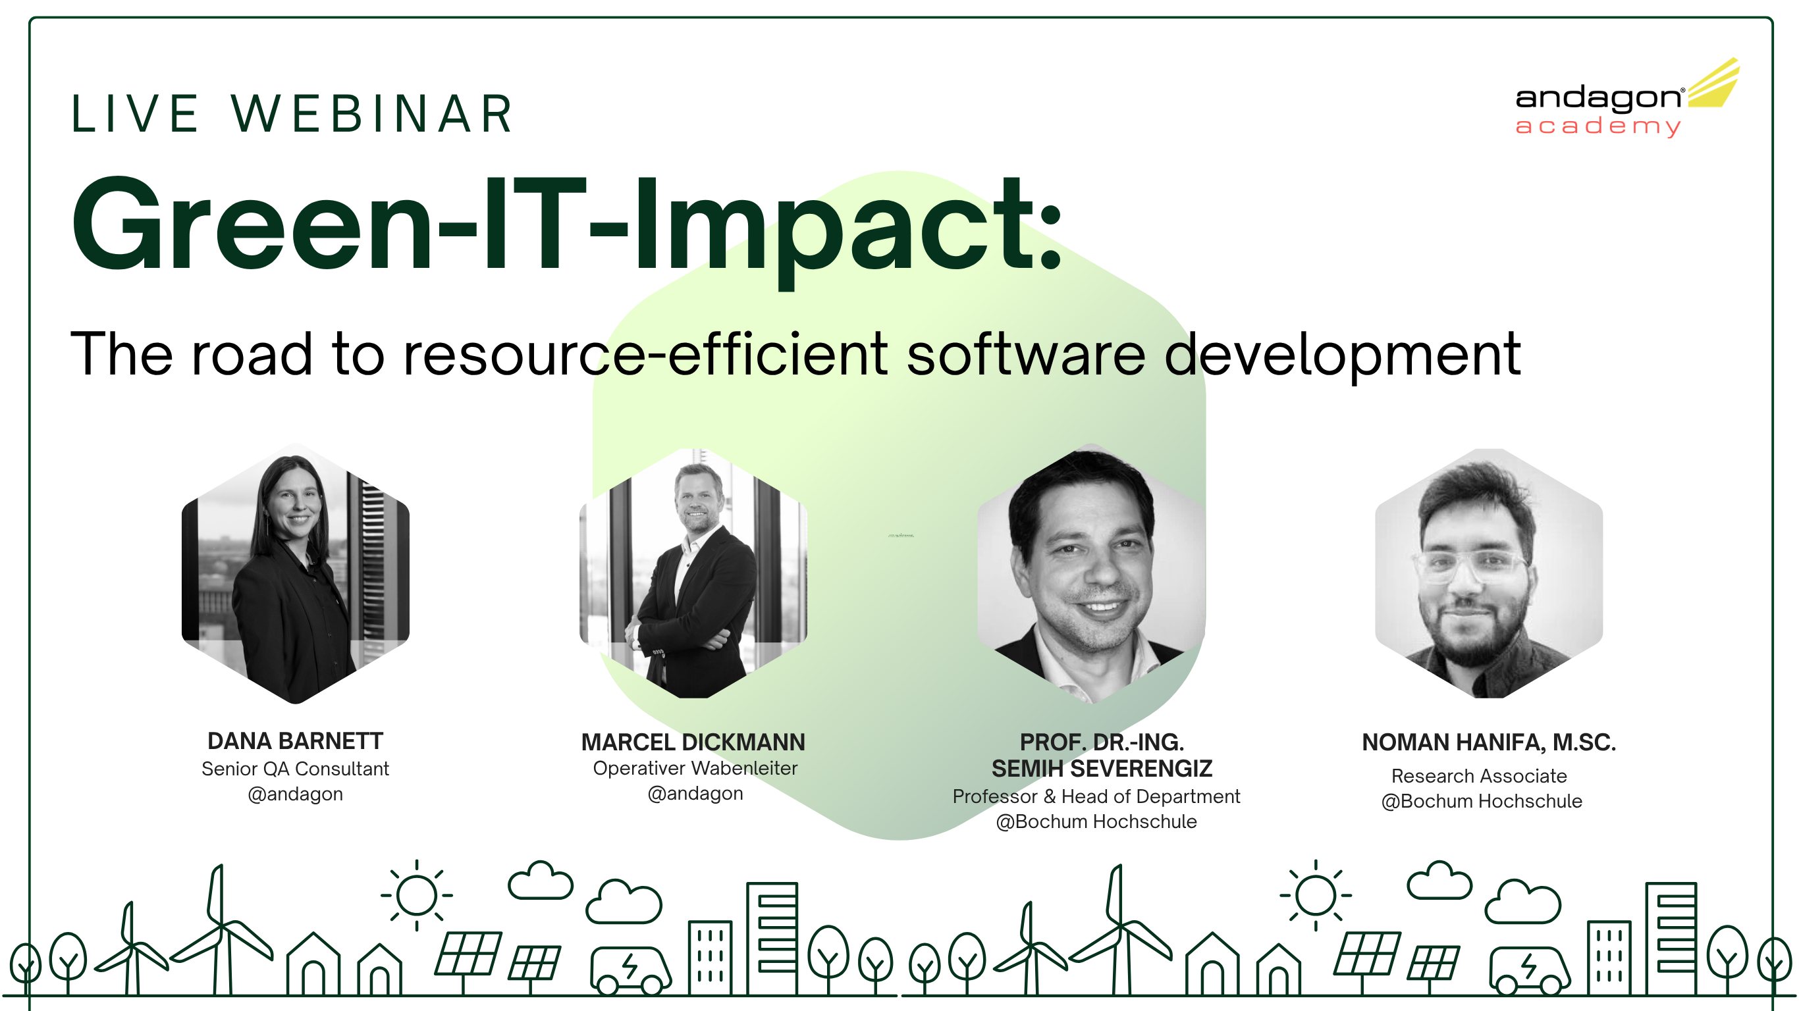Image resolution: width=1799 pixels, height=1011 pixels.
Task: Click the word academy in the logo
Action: (1597, 126)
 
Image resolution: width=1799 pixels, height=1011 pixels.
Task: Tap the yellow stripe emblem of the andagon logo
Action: (1715, 85)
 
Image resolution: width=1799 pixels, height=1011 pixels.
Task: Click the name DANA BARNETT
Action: (296, 740)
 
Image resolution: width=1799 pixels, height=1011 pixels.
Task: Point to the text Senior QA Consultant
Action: (296, 769)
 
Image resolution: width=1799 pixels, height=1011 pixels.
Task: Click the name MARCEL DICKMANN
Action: (693, 742)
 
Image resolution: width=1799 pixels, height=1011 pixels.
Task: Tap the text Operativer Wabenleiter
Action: (695, 768)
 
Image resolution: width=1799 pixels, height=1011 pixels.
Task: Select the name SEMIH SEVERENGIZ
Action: (1102, 769)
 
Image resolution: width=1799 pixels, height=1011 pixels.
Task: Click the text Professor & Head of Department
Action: (1096, 796)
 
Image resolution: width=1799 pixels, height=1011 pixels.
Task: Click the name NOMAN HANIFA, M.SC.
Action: (1489, 742)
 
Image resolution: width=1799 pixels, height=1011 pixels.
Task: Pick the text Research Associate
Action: (1479, 776)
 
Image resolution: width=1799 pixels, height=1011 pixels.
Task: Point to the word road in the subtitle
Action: (252, 355)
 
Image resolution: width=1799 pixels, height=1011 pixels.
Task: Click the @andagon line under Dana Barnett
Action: (296, 794)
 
